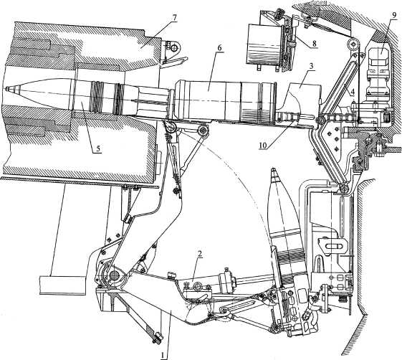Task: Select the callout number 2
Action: [x=200, y=254]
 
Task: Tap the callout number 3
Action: [x=311, y=66]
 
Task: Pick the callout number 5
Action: [x=98, y=148]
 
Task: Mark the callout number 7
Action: [x=174, y=18]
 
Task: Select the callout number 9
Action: [x=393, y=15]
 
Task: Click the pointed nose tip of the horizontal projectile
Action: [x=7, y=89]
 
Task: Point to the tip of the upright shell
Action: [x=274, y=169]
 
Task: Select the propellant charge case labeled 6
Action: [x=225, y=100]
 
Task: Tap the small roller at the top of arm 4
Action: [x=353, y=45]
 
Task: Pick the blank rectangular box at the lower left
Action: [x=62, y=285]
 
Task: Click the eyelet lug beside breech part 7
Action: [x=174, y=47]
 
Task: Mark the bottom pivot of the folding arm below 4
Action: [x=343, y=189]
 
